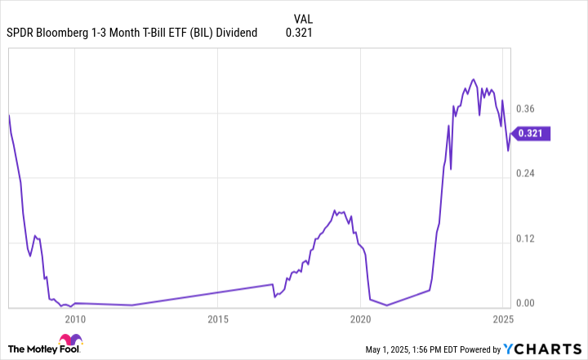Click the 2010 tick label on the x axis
[74, 319]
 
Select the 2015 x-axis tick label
[217, 319]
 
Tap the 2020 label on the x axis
[360, 319]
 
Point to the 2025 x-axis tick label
[502, 319]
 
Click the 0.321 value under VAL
[298, 33]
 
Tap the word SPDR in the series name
[21, 33]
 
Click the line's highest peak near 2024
[474, 79]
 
